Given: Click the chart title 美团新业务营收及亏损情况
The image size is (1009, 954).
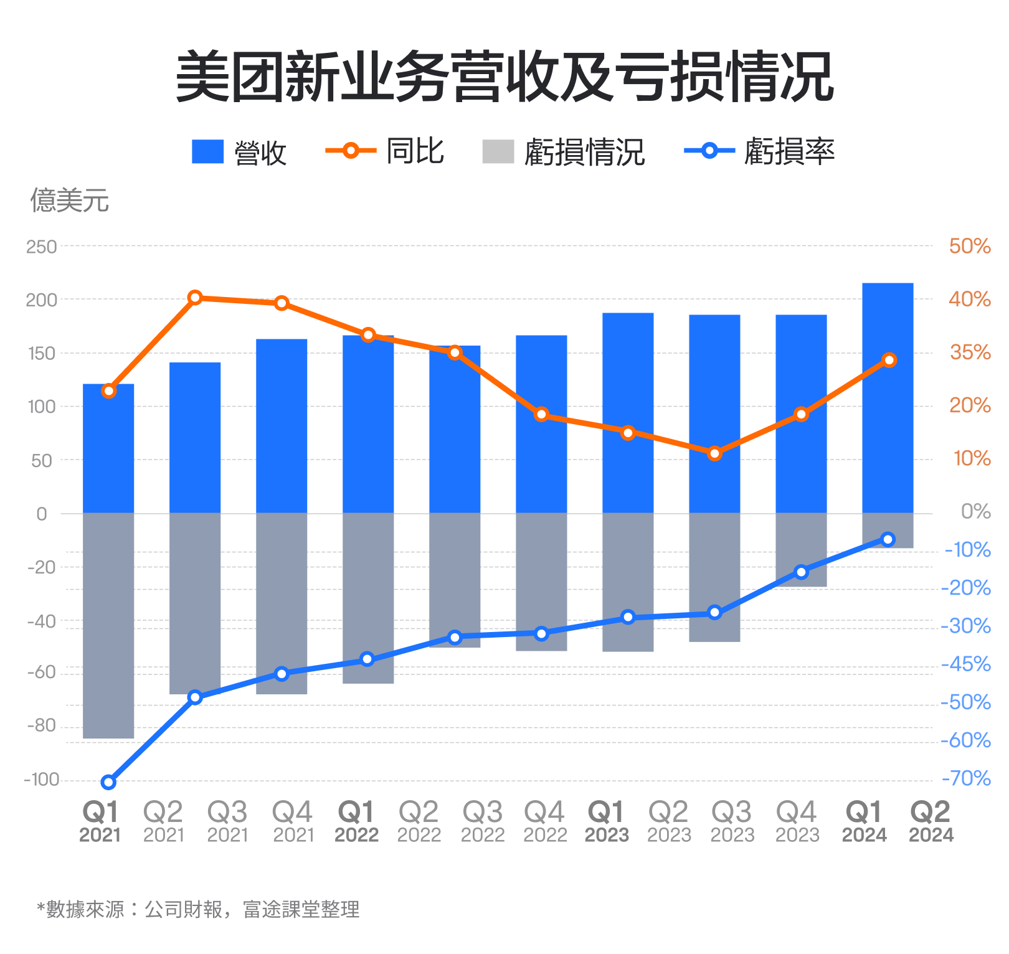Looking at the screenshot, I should click(x=504, y=77).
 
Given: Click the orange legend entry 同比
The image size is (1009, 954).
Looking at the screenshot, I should click(x=385, y=151).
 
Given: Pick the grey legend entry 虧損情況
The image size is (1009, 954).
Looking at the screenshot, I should click(x=564, y=152).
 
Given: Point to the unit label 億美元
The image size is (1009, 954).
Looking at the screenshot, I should click(x=70, y=201).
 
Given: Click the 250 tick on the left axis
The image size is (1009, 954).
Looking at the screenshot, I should click(x=41, y=247).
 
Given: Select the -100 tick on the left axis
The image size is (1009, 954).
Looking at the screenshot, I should click(x=41, y=780).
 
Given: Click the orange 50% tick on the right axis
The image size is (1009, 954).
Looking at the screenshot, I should click(x=970, y=246).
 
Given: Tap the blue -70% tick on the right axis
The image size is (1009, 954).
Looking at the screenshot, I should click(x=966, y=778).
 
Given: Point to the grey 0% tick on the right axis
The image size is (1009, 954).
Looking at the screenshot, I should click(x=975, y=512).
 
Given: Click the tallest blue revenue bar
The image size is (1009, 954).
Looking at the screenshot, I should click(x=888, y=399).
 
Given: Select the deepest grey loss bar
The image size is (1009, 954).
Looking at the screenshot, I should click(x=108, y=626).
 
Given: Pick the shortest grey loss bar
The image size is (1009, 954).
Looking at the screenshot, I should click(x=888, y=531).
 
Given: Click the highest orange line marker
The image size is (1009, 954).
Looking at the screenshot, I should click(x=195, y=298).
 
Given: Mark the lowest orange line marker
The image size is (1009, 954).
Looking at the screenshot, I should click(x=714, y=453).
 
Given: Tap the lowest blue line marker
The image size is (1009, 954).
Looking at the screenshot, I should click(x=108, y=782).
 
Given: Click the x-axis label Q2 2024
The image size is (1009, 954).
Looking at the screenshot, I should click(x=931, y=821).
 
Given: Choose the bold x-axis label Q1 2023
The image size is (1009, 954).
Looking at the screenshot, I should click(x=607, y=821).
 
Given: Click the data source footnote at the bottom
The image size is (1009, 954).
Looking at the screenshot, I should click(x=198, y=910).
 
